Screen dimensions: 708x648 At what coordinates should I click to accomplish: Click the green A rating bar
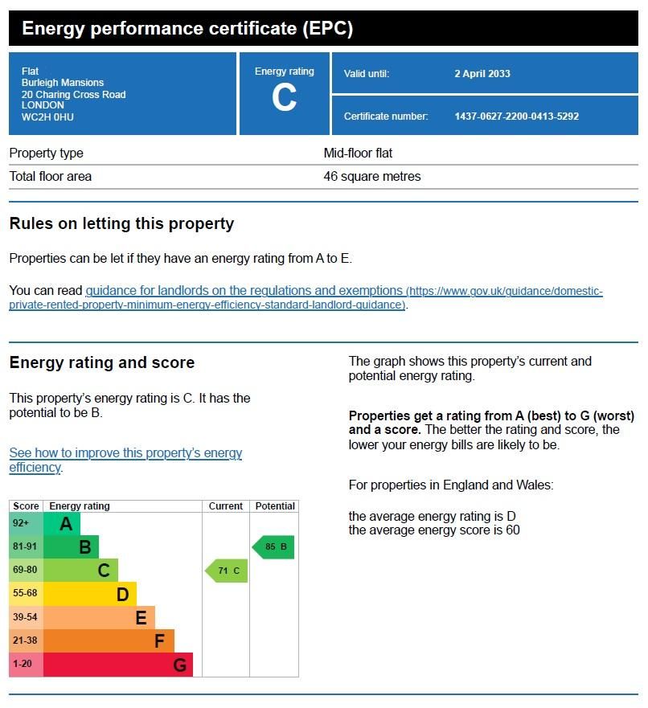62,524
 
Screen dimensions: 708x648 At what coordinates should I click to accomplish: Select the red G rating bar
117,665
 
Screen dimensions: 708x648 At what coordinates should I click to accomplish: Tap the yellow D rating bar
89,594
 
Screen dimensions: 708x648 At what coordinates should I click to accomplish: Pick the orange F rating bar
109,641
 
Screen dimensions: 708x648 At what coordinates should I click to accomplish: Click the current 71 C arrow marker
226,571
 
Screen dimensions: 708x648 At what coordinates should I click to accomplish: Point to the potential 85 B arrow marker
273,547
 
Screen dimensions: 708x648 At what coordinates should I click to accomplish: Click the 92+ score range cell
26,523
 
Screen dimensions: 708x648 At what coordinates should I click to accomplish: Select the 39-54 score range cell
26,617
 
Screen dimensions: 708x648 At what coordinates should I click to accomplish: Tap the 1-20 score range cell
26,665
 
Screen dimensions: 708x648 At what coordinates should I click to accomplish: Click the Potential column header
274,506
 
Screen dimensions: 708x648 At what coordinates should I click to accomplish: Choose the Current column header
226,506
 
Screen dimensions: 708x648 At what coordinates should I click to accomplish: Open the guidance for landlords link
244,290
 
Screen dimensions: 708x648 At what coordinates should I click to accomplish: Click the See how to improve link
125,453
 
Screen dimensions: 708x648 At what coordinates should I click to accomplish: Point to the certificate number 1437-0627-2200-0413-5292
516,117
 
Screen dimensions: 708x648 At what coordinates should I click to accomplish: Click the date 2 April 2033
482,74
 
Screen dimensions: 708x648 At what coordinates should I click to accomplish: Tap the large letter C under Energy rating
284,99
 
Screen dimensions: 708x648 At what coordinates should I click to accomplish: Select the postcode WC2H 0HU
47,117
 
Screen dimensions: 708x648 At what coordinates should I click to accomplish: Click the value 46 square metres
371,177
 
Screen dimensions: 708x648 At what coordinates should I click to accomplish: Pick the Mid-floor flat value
358,153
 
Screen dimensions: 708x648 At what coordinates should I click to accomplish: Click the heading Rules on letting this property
121,224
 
